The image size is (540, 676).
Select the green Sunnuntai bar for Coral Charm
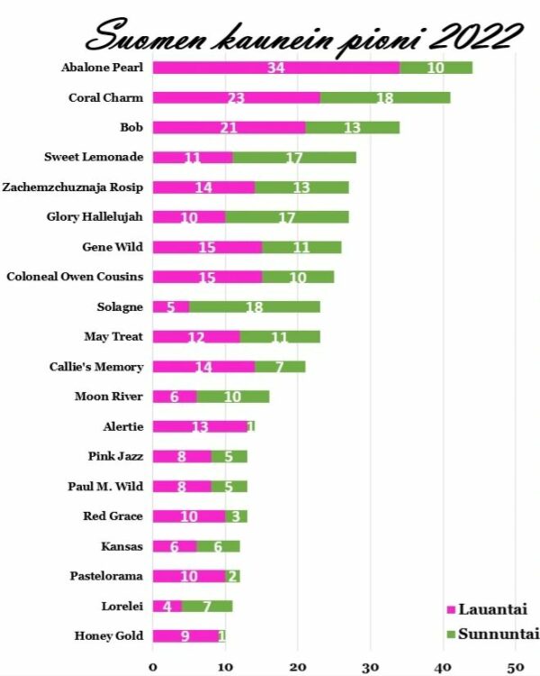pyautogui.click(x=385, y=97)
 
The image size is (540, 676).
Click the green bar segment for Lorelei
pyautogui.click(x=207, y=606)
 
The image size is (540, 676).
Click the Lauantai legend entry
pyautogui.click(x=486, y=610)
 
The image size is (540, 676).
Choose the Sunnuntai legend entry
pyautogui.click(x=491, y=634)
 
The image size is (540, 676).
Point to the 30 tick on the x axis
pyautogui.click(x=370, y=667)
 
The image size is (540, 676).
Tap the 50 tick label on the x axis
pyautogui.click(x=514, y=667)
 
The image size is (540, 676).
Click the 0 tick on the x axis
pyautogui.click(x=152, y=667)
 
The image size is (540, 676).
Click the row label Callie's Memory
pyautogui.click(x=97, y=366)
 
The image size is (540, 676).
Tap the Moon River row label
pyautogui.click(x=109, y=396)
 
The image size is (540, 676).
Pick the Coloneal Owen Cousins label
pyautogui.click(x=75, y=277)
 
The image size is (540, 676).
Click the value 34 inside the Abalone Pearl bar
pyautogui.click(x=276, y=68)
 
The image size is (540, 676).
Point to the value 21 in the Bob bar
pyautogui.click(x=229, y=127)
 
